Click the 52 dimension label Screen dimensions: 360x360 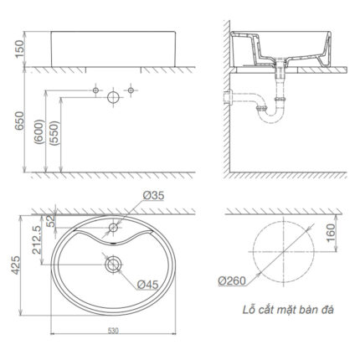(x=52, y=222)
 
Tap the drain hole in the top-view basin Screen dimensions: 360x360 (x=113, y=265)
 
